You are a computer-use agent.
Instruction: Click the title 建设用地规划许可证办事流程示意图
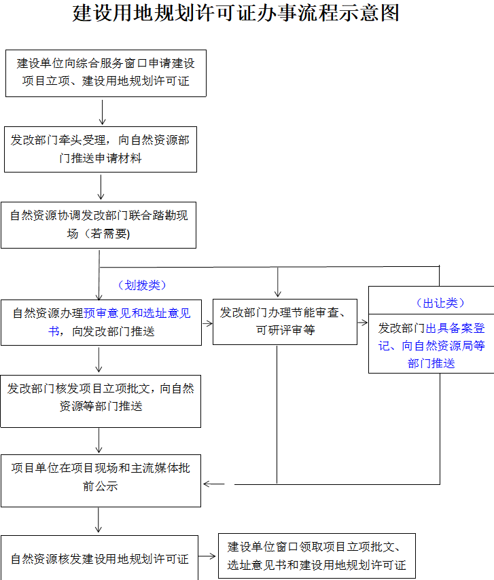(x=236, y=13)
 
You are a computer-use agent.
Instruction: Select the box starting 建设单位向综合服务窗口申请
(x=106, y=73)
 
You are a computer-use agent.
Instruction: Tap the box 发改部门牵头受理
(x=101, y=149)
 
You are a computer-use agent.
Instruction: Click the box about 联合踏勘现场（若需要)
(x=99, y=225)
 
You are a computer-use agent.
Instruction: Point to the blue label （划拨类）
(x=142, y=285)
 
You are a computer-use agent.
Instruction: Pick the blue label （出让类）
(x=440, y=303)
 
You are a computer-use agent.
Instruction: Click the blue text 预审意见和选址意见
(x=137, y=313)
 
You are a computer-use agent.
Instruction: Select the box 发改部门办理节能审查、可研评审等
(x=285, y=322)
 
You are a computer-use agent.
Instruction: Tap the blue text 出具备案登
(x=455, y=328)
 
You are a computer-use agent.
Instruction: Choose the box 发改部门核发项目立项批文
(x=101, y=401)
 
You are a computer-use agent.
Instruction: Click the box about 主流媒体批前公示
(x=101, y=481)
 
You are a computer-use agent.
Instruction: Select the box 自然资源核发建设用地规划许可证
(x=99, y=558)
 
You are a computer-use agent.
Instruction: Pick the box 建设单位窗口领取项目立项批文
(x=317, y=556)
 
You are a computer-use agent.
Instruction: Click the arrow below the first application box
(x=102, y=111)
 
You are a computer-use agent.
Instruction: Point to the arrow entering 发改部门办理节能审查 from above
(x=277, y=282)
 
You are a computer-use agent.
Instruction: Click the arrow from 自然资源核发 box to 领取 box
(x=207, y=556)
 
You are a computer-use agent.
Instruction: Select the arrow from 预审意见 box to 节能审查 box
(x=208, y=323)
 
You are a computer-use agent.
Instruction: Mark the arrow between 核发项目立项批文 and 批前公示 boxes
(x=99, y=441)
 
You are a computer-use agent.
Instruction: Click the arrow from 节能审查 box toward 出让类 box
(x=363, y=323)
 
